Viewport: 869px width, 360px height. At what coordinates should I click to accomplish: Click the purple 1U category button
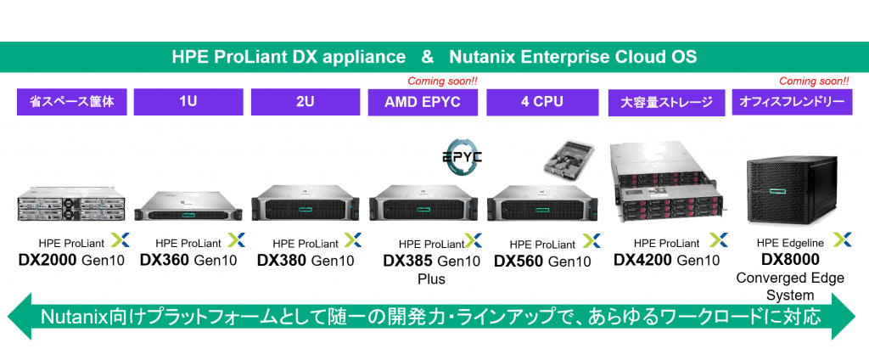pos(188,103)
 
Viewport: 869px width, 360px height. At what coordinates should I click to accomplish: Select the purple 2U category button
pos(305,103)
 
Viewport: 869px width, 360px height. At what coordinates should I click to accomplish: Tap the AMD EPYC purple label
pos(422,103)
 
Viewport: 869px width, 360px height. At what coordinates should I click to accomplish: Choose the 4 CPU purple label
pos(539,103)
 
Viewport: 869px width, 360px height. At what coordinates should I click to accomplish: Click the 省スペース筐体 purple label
pos(71,103)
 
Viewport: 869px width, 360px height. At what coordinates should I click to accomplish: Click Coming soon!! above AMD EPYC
pos(443,82)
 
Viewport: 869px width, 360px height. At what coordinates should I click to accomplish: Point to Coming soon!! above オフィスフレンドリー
pos(814,82)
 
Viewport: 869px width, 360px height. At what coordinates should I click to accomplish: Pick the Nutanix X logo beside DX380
pos(351,241)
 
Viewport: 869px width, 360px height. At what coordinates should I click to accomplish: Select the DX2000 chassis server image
pos(71,205)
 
